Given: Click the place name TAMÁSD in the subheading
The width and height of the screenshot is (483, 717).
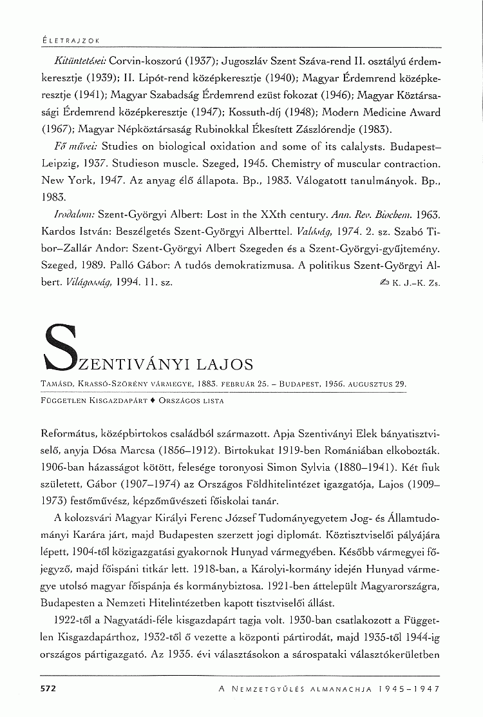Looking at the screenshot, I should pos(57,384).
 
